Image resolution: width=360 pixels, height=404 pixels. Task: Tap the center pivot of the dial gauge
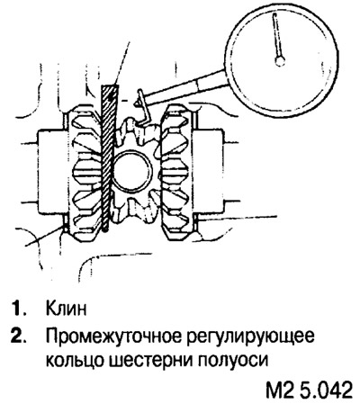pyautogui.click(x=280, y=61)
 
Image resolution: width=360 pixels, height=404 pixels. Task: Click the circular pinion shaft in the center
pyautogui.click(x=132, y=171)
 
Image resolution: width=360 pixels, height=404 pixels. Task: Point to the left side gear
pyautogui.click(x=87, y=173)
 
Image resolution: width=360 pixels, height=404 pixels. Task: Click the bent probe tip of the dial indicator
pyautogui.click(x=141, y=108)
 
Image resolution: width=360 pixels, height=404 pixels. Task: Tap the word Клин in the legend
pyautogui.click(x=66, y=309)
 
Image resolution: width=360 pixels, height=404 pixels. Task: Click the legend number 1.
pyautogui.click(x=18, y=309)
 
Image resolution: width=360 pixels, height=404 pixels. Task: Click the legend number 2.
pyautogui.click(x=18, y=337)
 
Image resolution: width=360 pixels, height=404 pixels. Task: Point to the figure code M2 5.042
pyautogui.click(x=309, y=390)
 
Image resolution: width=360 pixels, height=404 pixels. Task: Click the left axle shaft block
pyautogui.click(x=51, y=172)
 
